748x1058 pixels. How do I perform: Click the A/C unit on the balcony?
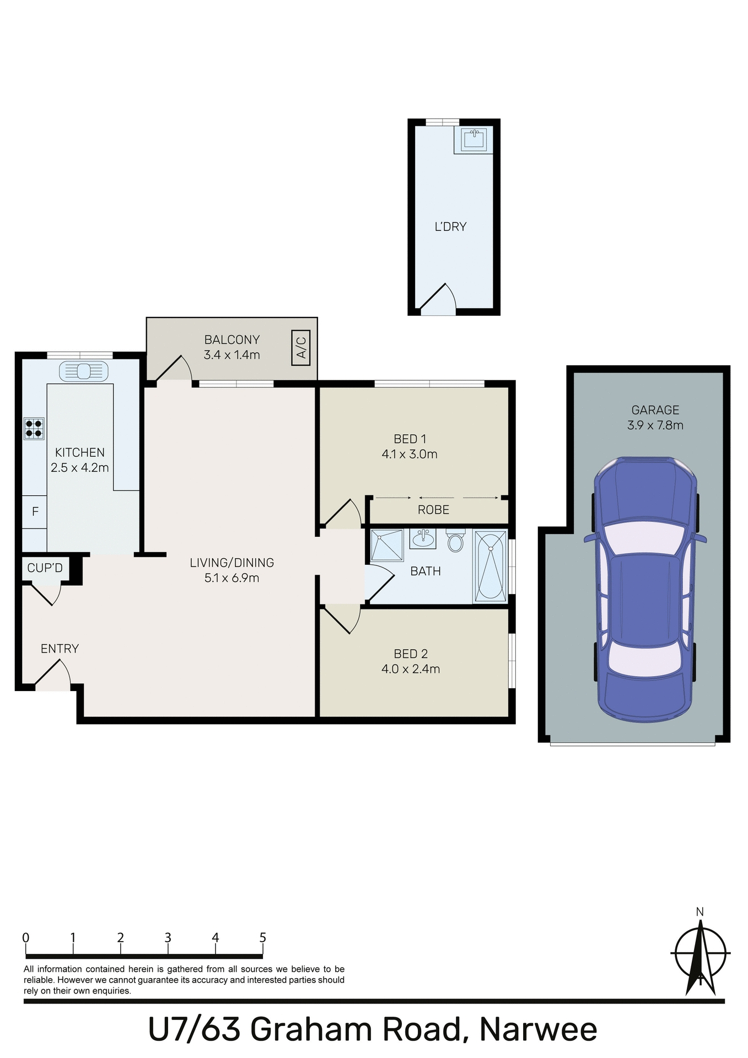[301, 348]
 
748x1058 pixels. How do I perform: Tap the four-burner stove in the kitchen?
[34, 429]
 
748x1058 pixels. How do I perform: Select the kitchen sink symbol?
[83, 372]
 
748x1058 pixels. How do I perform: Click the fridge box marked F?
[35, 512]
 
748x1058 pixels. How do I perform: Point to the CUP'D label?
[45, 568]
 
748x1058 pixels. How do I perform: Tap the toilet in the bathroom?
[455, 541]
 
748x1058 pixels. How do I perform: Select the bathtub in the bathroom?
[490, 565]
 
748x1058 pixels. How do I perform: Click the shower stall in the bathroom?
[387, 545]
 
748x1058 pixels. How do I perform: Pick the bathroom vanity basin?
[423, 538]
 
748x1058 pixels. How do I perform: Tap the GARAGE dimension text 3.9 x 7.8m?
[655, 425]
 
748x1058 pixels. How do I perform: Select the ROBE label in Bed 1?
[433, 510]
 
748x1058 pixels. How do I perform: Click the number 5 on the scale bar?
[263, 937]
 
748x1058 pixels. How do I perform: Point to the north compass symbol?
[700, 953]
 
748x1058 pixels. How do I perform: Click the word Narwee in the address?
[538, 1029]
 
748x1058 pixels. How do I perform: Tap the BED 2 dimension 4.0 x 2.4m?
[411, 669]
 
